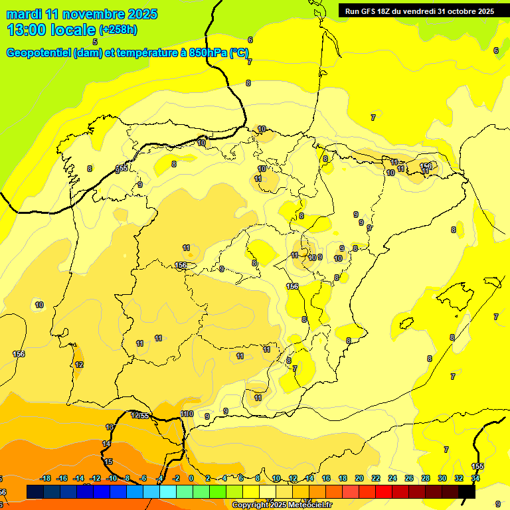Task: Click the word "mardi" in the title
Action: [23, 14]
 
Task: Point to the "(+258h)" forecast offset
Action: [118, 30]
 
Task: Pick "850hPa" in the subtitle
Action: [208, 53]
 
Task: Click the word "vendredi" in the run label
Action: [435, 11]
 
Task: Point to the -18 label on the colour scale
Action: [46, 478]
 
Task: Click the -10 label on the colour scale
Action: [111, 478]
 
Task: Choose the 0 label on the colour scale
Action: [191, 478]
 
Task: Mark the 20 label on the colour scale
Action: [359, 478]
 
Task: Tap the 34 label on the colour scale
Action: [475, 478]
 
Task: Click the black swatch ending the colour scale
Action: [467, 491]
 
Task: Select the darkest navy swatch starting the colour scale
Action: [35, 491]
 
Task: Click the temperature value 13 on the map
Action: [110, 427]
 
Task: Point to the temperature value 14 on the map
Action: [106, 444]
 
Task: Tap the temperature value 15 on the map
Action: [109, 462]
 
